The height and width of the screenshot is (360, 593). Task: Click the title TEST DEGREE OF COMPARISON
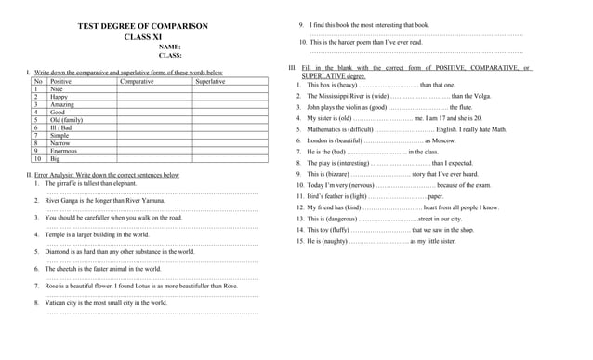142,25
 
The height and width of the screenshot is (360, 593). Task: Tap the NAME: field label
169,47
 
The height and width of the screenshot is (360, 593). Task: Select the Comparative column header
137,81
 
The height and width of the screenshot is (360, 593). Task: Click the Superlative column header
210,81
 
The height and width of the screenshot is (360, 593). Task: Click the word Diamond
60,251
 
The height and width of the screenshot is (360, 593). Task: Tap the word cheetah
72,269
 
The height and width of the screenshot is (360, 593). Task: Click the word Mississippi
337,96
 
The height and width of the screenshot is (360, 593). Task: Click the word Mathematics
327,129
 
